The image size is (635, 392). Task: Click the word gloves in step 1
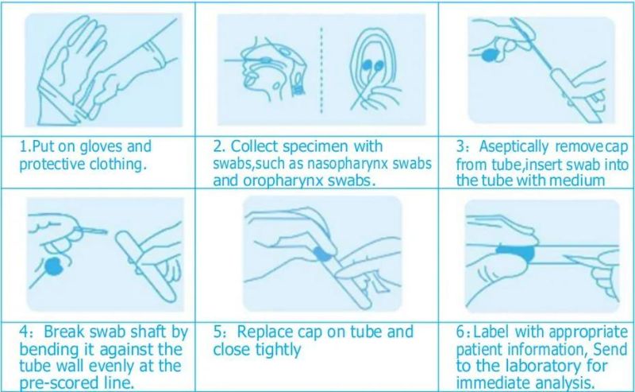point(101,147)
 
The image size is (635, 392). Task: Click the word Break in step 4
point(64,332)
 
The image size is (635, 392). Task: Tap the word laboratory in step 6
point(541,367)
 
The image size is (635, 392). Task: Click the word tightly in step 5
point(279,350)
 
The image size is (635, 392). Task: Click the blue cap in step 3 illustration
point(490,55)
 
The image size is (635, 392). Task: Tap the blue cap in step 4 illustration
point(53,266)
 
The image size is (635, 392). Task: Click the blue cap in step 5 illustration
point(323,253)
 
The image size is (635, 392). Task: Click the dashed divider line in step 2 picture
point(321,70)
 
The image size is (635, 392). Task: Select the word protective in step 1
point(52,165)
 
